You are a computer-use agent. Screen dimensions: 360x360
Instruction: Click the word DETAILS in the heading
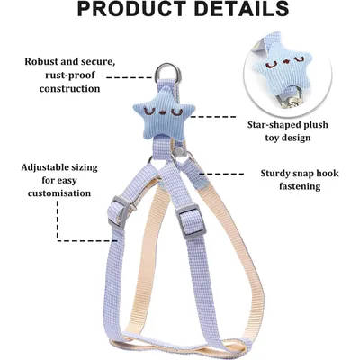coord(242,9)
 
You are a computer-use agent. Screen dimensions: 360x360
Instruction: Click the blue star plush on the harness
coord(164,114)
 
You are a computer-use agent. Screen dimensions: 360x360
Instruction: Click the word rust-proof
coord(70,76)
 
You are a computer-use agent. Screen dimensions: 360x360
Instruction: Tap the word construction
coord(69,89)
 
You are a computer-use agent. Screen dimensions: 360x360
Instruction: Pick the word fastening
coord(300,186)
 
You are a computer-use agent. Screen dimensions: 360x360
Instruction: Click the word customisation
coord(59,193)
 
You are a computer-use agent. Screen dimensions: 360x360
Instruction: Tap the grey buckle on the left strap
coord(119,211)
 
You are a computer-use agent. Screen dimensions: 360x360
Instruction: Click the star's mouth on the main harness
coord(164,113)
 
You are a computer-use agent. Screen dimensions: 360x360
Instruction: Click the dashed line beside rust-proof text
coord(130,78)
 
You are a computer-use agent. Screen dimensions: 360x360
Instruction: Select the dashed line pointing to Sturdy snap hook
coord(221,174)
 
